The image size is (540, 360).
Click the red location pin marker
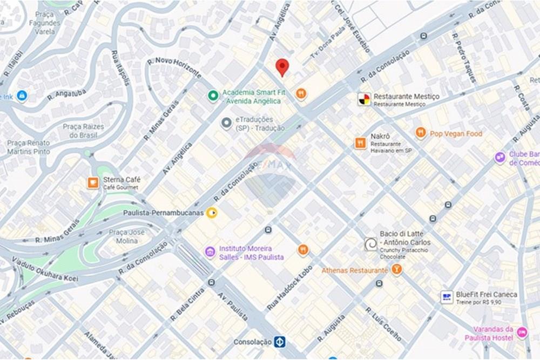pos(282,67)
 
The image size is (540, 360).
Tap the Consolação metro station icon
pos(279,342)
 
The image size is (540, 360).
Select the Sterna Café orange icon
pos(93,183)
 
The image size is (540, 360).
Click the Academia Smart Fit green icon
pos(213,96)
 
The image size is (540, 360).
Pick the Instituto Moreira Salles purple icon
pos(210,252)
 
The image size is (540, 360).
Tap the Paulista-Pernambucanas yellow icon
pos(212,213)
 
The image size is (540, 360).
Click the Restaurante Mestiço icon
pos(364,99)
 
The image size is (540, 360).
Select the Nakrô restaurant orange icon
pos(360,143)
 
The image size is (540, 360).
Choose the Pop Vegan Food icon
pos(421,133)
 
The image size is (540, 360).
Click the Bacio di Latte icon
pos(370,244)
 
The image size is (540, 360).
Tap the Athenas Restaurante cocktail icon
pos(397,269)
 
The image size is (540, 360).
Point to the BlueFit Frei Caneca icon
pos(446,297)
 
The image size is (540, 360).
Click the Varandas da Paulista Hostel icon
pos(522,332)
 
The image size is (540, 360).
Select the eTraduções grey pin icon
pos(226,124)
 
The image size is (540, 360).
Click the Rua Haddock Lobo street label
pos(289,288)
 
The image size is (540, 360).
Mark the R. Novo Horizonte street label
pos(174,67)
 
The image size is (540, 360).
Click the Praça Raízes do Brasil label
pos(83,131)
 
